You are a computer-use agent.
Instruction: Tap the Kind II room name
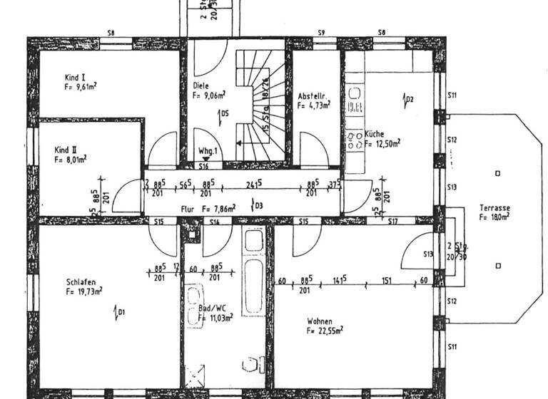pyautogui.click(x=66, y=150)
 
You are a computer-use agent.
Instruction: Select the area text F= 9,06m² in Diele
pyautogui.click(x=209, y=93)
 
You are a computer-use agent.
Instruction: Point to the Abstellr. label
pyautogui.click(x=312, y=95)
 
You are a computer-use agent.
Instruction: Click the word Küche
pyautogui.click(x=375, y=133)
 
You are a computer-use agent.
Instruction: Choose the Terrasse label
pyautogui.click(x=494, y=207)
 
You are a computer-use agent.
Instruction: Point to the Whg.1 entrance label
pyautogui.click(x=208, y=151)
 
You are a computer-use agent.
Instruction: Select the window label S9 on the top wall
pyautogui.click(x=321, y=33)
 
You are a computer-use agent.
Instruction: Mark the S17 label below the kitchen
pyautogui.click(x=392, y=222)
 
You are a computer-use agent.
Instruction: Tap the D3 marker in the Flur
pyautogui.click(x=258, y=207)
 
